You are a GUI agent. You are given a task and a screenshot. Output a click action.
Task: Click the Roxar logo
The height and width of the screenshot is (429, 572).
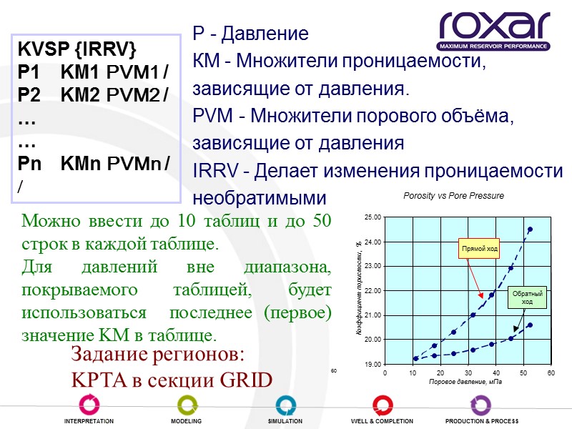(x=494, y=31)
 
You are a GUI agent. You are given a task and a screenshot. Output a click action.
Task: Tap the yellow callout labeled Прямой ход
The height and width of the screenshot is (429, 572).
(x=479, y=248)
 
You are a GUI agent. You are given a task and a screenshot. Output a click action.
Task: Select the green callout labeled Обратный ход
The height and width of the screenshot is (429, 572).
(x=527, y=297)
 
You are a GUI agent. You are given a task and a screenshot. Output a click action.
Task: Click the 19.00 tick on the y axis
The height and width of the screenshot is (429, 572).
(x=372, y=364)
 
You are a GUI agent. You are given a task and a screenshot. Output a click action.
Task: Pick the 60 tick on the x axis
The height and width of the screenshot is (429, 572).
(x=551, y=373)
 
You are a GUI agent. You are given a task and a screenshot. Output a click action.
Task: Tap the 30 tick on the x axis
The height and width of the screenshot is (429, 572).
(x=468, y=373)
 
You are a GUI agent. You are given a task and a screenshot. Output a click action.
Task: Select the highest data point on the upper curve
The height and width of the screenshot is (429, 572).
(x=530, y=230)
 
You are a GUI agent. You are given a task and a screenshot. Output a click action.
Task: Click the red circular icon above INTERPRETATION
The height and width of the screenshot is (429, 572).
(x=89, y=405)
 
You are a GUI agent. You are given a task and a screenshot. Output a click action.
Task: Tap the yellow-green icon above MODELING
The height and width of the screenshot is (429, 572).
(x=186, y=405)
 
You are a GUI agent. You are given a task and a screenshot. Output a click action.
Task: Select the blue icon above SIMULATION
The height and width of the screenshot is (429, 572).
(x=285, y=405)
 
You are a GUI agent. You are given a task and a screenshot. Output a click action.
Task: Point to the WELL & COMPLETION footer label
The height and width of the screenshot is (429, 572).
(x=382, y=421)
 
